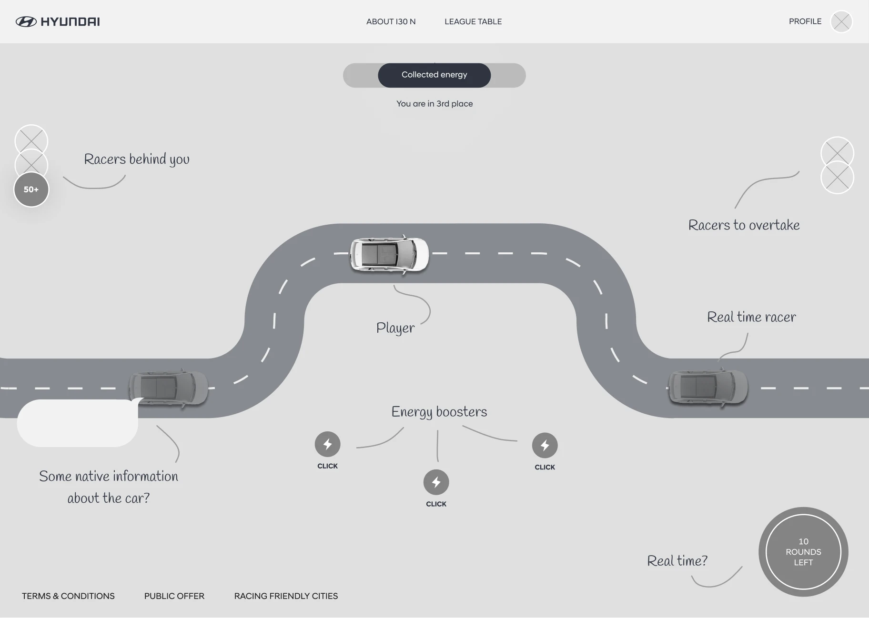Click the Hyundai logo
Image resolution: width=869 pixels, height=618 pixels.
pyautogui.click(x=58, y=21)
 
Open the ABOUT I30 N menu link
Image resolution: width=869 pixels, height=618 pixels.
pyautogui.click(x=391, y=21)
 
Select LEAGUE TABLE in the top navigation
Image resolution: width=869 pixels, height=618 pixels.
pyautogui.click(x=473, y=21)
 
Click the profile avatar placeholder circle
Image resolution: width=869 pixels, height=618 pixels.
pyautogui.click(x=841, y=21)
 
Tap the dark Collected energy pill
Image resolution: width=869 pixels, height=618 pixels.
pyautogui.click(x=434, y=75)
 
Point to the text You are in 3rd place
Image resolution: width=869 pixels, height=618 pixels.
pyautogui.click(x=434, y=104)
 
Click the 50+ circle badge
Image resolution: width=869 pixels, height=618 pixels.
pyautogui.click(x=31, y=189)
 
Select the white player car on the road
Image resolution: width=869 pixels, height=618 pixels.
pyautogui.click(x=389, y=254)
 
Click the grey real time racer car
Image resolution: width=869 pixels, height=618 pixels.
pyautogui.click(x=707, y=388)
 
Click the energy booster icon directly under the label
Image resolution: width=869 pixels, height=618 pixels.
pyautogui.click(x=436, y=482)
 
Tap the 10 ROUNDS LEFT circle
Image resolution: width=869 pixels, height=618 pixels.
pyautogui.click(x=803, y=552)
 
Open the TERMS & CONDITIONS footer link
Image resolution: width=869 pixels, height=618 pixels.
pyautogui.click(x=68, y=596)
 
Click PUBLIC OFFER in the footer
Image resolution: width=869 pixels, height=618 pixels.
pyautogui.click(x=174, y=596)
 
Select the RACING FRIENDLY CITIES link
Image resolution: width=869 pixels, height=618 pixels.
pyautogui.click(x=286, y=596)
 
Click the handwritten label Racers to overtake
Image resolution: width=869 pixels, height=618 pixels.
pyautogui.click(x=744, y=225)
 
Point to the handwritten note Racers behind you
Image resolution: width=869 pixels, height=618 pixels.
pyautogui.click(x=137, y=159)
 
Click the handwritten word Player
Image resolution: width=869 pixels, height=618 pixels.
pyautogui.click(x=395, y=328)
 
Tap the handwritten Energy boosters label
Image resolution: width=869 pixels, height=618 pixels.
pyautogui.click(x=439, y=412)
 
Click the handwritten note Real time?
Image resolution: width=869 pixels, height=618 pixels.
pyautogui.click(x=677, y=561)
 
